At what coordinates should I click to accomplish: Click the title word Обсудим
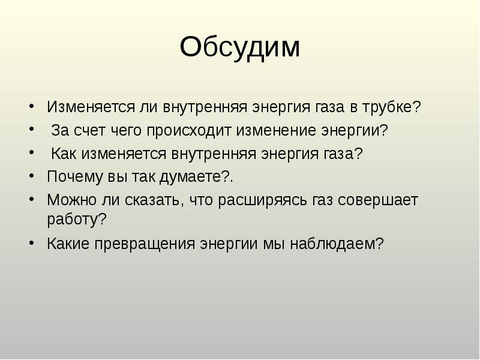coord(239,48)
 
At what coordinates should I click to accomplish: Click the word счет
coord(90,131)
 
